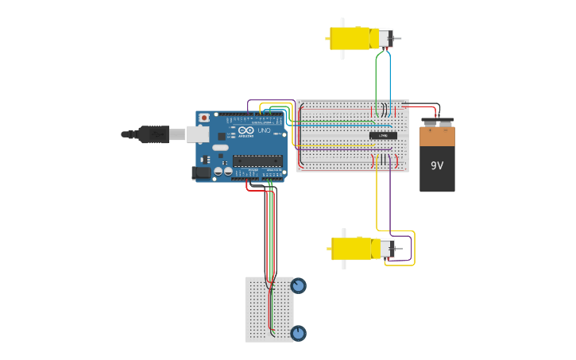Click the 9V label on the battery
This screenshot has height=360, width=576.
click(437, 165)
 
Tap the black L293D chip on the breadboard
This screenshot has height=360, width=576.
click(383, 136)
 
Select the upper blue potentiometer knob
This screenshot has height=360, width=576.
click(298, 285)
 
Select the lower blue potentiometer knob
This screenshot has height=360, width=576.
click(298, 333)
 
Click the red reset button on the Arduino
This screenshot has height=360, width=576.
click(204, 118)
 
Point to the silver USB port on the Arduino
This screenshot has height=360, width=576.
click(199, 134)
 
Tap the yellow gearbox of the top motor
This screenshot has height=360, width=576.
click(350, 38)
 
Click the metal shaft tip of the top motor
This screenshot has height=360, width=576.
click(398, 38)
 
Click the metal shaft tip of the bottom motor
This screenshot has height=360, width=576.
click(400, 249)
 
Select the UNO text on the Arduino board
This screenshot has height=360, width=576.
click(264, 130)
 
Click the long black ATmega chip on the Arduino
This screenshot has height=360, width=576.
click(257, 161)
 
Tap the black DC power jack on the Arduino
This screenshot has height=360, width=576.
click(203, 172)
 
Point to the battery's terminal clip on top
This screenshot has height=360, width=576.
click(437, 122)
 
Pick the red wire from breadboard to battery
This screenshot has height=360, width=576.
click(421, 106)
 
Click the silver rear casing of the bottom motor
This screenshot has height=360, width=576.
click(386, 249)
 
